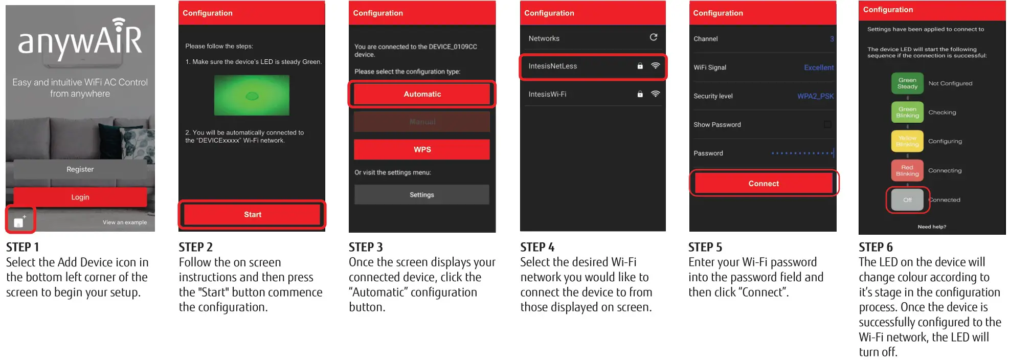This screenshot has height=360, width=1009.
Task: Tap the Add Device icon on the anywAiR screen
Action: coord(19,221)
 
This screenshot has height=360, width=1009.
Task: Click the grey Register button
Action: coord(80,169)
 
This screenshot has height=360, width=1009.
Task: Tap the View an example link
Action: coord(124,222)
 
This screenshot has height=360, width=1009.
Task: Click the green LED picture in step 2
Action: coord(252,95)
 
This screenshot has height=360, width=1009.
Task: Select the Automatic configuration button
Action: coord(422,94)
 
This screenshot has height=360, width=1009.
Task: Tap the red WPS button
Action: coord(422,149)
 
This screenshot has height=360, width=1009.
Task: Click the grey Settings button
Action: coord(422,195)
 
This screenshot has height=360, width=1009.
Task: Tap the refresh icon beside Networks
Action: coord(653,37)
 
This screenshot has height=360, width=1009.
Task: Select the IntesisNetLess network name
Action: coord(552,66)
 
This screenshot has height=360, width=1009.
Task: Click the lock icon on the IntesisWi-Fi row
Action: coord(640,94)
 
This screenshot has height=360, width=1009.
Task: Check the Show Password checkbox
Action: coord(827,124)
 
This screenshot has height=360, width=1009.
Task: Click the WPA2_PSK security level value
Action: coord(815,96)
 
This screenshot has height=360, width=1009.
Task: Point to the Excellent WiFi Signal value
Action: coord(818,67)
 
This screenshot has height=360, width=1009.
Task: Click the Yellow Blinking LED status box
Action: coord(907,141)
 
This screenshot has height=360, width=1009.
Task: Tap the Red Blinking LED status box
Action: coord(907,170)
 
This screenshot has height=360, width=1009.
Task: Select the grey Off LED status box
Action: coord(907,200)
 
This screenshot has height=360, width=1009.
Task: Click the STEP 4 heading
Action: coord(537,247)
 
